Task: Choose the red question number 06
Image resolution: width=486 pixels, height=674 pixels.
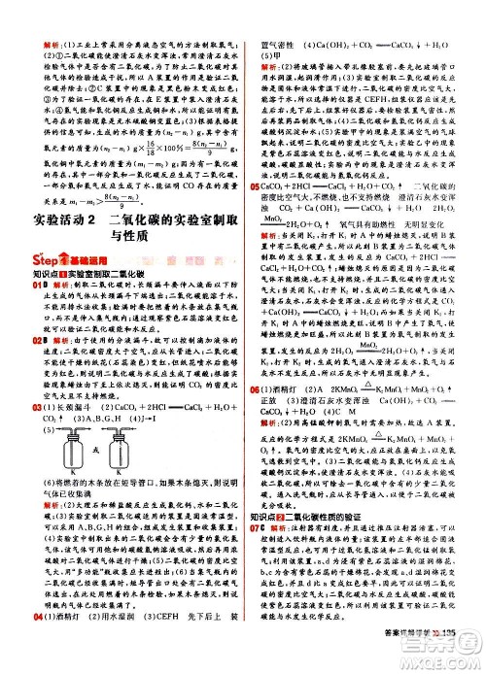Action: coord(257,415)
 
